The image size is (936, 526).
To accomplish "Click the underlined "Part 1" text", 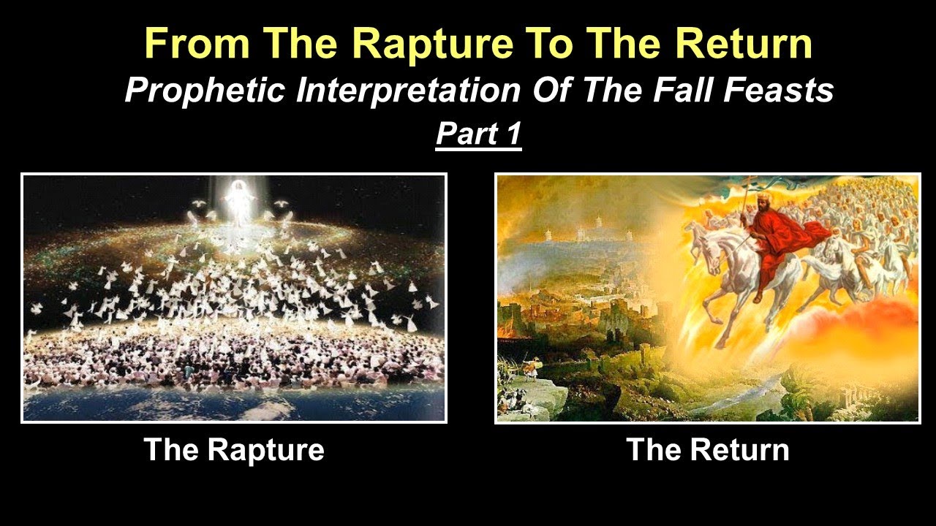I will pyautogui.click(x=478, y=135).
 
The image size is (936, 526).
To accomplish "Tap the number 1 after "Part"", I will pyautogui.click(x=512, y=135).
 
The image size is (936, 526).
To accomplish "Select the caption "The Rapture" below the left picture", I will pyautogui.click(x=234, y=449).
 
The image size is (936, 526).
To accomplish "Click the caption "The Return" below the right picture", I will pyautogui.click(x=708, y=449).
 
